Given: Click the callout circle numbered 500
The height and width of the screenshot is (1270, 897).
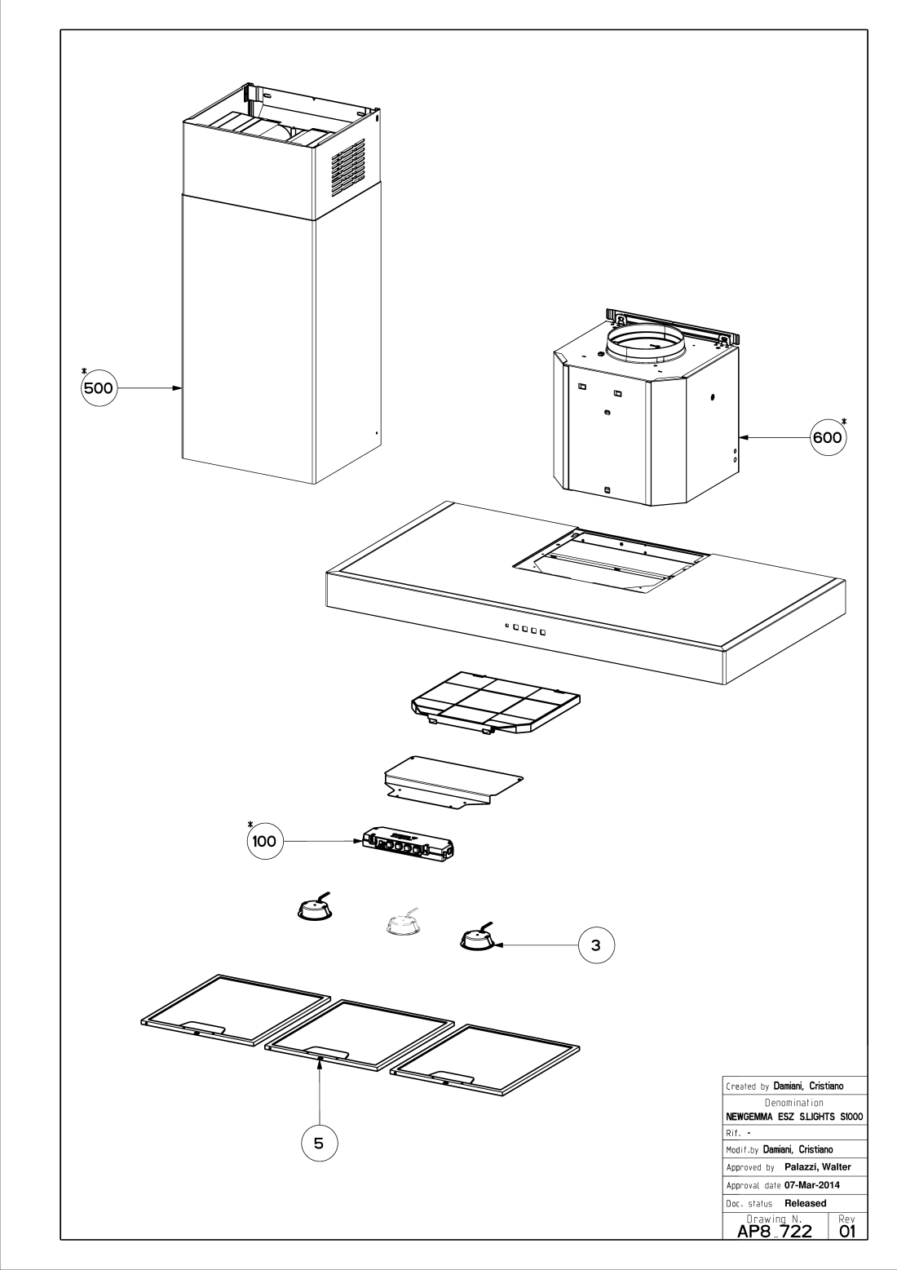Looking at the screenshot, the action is point(99,388).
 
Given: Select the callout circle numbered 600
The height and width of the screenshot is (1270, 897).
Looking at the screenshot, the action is point(828,438).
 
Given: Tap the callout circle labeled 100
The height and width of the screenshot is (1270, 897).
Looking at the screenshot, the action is point(264,841).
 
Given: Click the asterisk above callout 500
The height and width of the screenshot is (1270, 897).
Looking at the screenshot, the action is point(85,371).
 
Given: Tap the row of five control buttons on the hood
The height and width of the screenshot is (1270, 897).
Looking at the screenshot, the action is point(524,629).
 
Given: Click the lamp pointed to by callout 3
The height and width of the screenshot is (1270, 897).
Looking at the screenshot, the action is point(478,939).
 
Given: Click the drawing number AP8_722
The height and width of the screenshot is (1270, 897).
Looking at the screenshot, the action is point(775,1231).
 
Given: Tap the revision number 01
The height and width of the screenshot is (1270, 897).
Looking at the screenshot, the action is point(847,1231).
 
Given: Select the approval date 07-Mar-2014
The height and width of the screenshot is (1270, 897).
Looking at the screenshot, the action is point(812,1185).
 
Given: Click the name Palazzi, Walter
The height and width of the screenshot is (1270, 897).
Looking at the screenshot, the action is point(818,1166).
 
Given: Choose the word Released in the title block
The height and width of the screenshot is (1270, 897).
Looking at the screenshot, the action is point(805,1203).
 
